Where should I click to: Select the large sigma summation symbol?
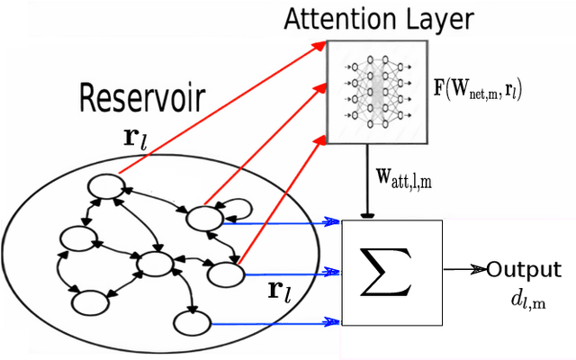click(386, 272)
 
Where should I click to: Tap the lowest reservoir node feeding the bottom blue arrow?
click(192, 322)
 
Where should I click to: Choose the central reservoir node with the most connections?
click(154, 265)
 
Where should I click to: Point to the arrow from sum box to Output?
click(463, 269)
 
